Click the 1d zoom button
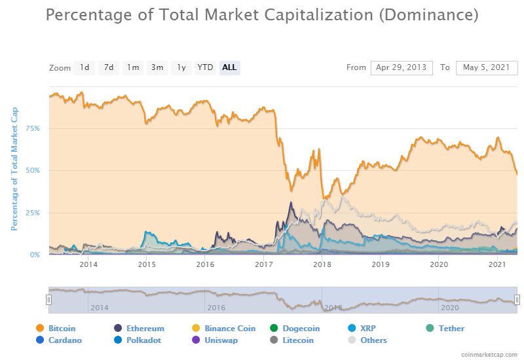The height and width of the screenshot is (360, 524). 84,67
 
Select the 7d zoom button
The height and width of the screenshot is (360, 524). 109,67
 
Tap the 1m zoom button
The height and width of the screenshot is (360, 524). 133,67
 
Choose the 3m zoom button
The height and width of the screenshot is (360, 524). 157,67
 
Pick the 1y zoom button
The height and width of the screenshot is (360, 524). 181,67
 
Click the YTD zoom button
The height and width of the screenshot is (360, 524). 206,67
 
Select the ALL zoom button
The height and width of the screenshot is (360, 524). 229,67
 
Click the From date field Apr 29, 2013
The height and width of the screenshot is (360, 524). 402,67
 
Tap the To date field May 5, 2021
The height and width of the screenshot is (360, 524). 487,67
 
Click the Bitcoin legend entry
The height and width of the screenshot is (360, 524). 62,329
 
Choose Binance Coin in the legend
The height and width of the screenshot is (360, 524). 229,329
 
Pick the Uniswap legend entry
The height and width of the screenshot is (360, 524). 219,340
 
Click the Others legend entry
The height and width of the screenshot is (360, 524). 373,340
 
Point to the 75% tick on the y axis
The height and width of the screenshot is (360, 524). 33,128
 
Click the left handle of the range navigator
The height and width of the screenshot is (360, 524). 48,299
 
